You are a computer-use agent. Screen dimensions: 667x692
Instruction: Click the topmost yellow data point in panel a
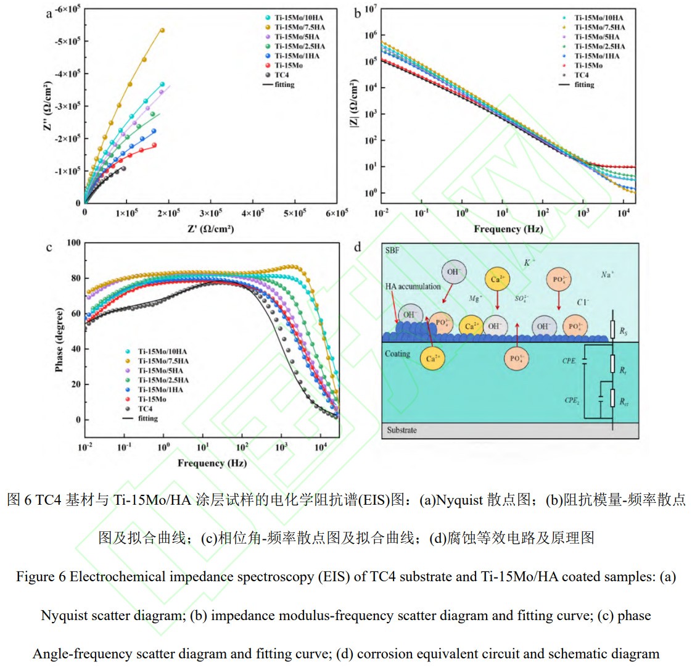tap(162, 30)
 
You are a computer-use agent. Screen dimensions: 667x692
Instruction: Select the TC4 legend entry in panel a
tap(281, 75)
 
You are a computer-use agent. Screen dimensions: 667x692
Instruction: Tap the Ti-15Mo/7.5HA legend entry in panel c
tap(163, 361)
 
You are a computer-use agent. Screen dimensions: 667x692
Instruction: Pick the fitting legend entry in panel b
tap(583, 85)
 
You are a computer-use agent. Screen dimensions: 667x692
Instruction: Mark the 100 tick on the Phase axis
tap(73, 243)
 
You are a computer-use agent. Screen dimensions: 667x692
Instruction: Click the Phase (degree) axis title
tap(59, 339)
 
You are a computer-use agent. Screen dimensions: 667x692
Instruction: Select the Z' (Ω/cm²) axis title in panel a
tap(210, 229)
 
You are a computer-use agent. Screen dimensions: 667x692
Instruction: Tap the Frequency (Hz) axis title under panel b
tap(508, 229)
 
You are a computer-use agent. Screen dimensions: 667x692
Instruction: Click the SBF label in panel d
tap(392, 251)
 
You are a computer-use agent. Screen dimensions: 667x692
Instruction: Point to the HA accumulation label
tap(413, 286)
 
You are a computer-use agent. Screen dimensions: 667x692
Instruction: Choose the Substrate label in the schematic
tap(402, 430)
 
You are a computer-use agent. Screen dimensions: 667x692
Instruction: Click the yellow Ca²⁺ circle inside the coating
tap(432, 358)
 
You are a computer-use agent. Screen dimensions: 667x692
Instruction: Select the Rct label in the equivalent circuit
tap(624, 402)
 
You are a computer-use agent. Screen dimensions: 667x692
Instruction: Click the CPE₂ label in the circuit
tap(572, 400)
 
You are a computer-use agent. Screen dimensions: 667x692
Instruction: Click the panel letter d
tap(358, 248)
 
